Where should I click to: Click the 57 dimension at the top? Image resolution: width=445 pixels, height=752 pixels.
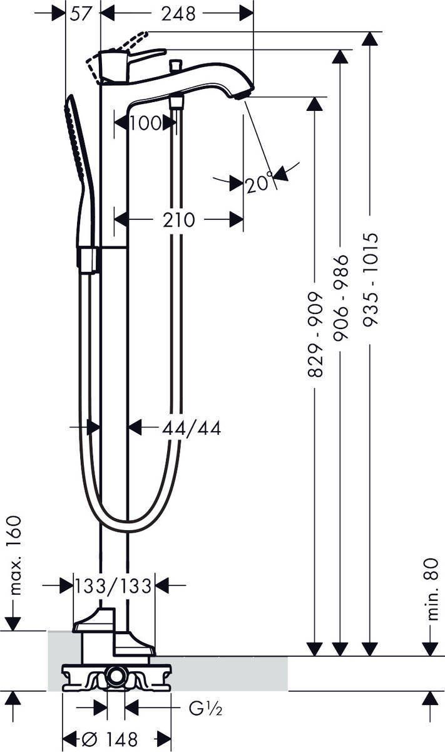point(81,13)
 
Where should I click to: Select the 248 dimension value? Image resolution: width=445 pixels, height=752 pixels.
point(178,13)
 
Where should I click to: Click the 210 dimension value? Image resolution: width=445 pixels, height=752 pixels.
point(178,220)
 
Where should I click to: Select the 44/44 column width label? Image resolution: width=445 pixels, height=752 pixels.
point(191,428)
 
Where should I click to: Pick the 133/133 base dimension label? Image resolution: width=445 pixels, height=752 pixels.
point(113,586)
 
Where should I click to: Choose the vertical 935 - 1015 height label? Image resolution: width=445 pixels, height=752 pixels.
point(372,279)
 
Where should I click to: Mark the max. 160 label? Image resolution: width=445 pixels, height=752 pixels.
point(14,555)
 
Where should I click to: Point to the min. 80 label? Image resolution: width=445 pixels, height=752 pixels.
point(433,590)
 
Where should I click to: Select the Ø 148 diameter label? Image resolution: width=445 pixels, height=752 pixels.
point(110,739)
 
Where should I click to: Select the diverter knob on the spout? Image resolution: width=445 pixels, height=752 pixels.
point(176,65)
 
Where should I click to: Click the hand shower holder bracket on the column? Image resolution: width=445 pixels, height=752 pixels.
point(89,259)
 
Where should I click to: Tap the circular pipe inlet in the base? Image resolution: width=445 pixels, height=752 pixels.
point(115,676)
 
